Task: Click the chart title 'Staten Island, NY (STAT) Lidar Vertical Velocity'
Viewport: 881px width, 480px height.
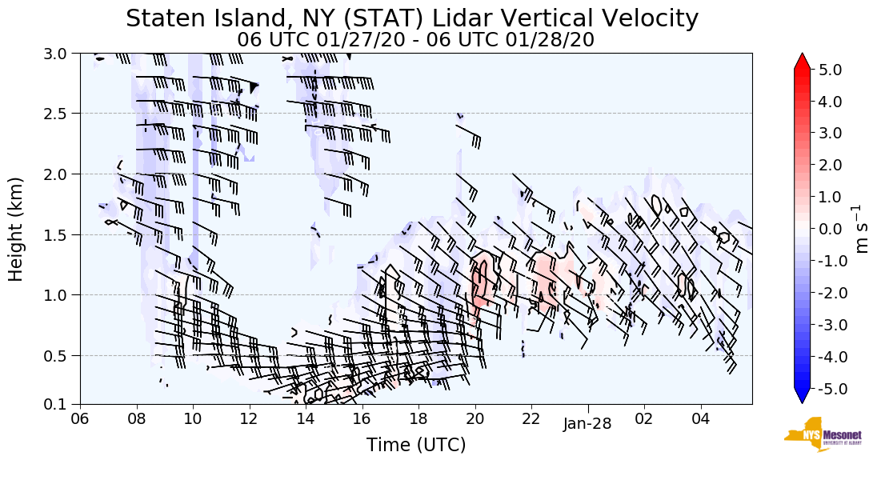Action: tap(412, 18)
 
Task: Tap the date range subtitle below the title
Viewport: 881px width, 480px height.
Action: tap(415, 39)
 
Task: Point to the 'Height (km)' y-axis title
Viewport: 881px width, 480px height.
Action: tap(17, 229)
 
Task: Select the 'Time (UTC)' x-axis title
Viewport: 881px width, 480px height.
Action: tap(416, 445)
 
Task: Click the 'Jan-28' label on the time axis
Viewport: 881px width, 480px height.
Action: tap(587, 424)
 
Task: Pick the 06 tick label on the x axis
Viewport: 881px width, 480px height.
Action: tap(80, 418)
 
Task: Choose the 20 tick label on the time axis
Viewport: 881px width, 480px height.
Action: tap(475, 418)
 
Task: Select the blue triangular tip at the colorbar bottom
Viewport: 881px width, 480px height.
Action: tap(803, 396)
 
